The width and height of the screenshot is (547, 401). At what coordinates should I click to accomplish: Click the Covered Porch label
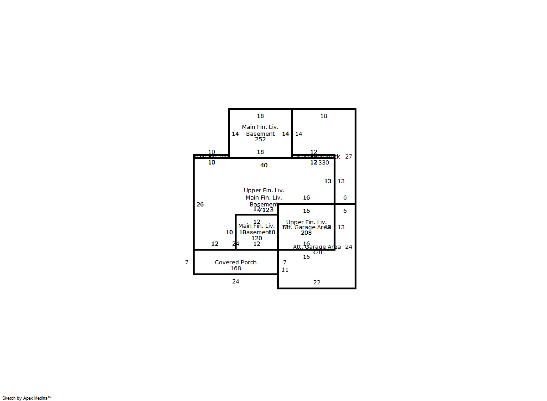click(236, 262)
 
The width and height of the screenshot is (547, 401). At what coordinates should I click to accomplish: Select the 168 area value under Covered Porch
click(236, 268)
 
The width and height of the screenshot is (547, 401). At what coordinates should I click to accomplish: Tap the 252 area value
click(260, 139)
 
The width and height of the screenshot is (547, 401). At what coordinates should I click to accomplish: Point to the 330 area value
click(324, 163)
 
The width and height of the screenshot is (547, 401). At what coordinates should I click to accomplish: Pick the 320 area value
click(317, 252)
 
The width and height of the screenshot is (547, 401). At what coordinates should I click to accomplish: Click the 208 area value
click(306, 233)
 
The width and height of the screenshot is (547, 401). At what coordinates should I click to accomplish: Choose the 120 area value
click(257, 238)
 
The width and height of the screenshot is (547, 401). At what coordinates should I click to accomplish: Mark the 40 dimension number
click(264, 165)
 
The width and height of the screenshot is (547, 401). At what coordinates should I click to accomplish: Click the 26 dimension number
click(200, 205)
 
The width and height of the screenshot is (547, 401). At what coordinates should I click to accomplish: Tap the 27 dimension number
click(349, 157)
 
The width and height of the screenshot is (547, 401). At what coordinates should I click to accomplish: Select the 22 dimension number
click(317, 283)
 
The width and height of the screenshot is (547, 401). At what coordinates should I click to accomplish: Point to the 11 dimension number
click(285, 270)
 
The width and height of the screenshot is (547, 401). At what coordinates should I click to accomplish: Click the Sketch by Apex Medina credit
click(27, 398)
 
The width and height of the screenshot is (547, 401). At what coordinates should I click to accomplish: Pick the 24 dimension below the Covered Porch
click(236, 282)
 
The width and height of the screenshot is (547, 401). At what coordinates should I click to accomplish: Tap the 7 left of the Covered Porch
click(187, 262)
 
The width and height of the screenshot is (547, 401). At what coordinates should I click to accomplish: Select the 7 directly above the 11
click(285, 262)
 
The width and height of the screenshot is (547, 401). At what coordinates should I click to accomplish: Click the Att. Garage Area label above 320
click(316, 247)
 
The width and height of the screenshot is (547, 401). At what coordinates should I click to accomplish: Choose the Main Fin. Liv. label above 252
click(260, 127)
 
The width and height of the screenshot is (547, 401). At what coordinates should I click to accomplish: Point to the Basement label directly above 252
click(260, 134)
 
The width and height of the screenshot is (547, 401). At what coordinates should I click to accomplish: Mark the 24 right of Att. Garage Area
click(349, 247)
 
